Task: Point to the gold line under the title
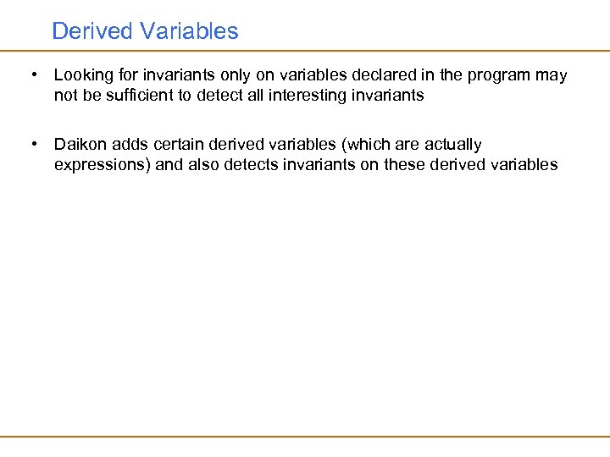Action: click(x=305, y=51)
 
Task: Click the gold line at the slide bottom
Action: click(x=305, y=437)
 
